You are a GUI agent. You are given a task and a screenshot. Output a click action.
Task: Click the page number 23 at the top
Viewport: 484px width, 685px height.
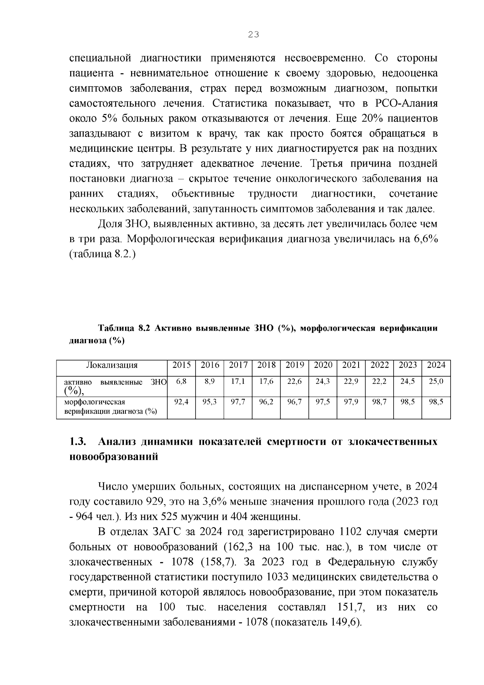click(x=253, y=35)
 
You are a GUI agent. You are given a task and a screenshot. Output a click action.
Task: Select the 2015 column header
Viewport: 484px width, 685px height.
click(x=181, y=365)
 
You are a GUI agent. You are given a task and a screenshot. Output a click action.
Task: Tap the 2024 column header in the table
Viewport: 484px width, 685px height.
click(x=436, y=365)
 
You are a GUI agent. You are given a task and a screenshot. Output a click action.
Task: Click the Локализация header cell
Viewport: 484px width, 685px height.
click(x=112, y=365)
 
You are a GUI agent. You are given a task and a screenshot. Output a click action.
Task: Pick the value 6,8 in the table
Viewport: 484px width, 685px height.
click(x=181, y=381)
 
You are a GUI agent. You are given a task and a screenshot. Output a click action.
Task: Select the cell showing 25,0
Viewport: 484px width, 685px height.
click(x=436, y=381)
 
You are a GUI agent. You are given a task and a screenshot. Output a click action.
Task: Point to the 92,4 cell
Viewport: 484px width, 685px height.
click(x=181, y=402)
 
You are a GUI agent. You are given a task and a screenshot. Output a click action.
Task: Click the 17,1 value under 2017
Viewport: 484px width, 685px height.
click(x=238, y=381)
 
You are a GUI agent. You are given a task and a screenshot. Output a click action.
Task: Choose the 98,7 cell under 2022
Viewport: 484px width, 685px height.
click(x=380, y=402)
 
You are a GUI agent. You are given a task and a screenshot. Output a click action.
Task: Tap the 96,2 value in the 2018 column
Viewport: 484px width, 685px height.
click(x=266, y=402)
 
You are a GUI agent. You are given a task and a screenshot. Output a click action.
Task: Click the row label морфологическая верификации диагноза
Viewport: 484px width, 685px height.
click(x=111, y=407)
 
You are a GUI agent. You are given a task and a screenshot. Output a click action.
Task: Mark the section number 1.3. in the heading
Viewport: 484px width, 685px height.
click(x=78, y=442)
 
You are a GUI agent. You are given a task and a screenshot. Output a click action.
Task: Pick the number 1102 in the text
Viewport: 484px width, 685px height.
click(x=353, y=532)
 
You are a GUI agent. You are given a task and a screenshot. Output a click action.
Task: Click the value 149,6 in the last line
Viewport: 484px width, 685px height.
click(x=344, y=622)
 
